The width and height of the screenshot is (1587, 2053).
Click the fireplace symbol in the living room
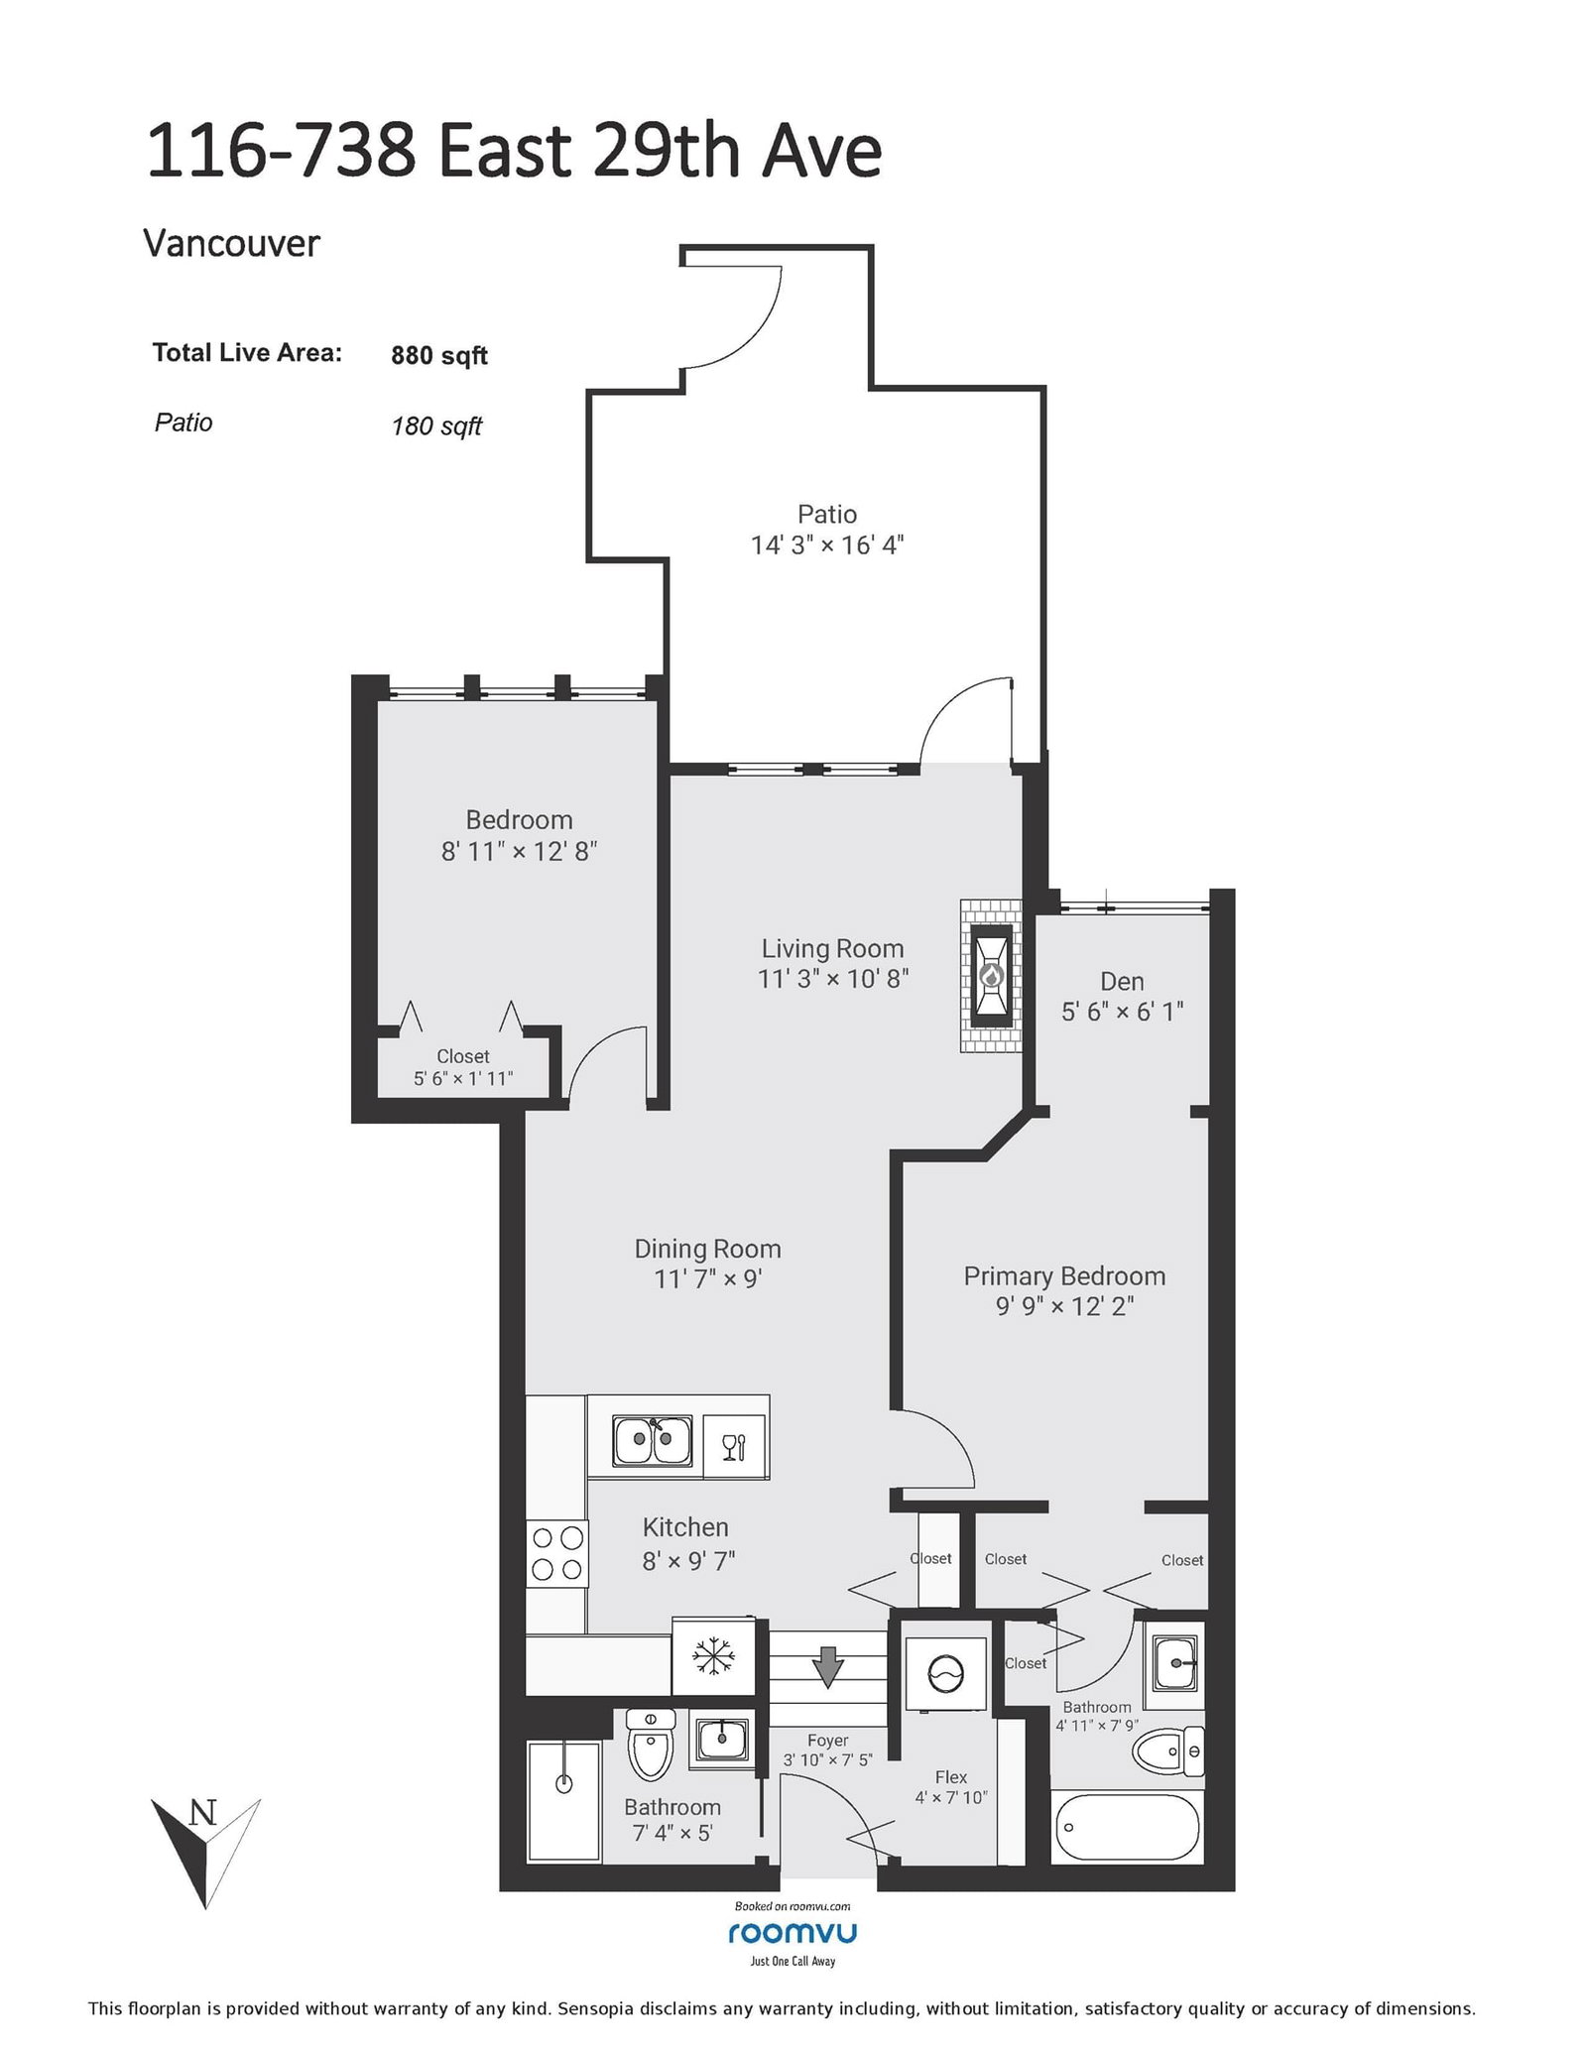pyautogui.click(x=991, y=976)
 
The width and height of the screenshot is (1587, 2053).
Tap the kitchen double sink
pyautogui.click(x=652, y=1441)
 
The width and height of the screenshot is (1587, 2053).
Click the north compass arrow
pyautogui.click(x=204, y=1849)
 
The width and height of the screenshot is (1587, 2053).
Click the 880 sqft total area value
pyautogui.click(x=439, y=355)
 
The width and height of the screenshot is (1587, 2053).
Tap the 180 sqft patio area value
pyautogui.click(x=436, y=425)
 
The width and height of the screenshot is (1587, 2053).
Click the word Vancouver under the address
pyautogui.click(x=232, y=244)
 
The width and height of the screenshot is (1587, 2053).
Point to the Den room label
pyautogui.click(x=1122, y=981)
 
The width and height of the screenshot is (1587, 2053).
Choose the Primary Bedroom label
pyautogui.click(x=1064, y=1275)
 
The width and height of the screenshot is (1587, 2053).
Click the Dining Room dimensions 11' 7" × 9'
pyautogui.click(x=707, y=1279)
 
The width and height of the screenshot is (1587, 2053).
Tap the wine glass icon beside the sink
pyautogui.click(x=734, y=1447)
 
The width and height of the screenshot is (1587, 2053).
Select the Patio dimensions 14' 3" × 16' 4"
pyautogui.click(x=827, y=544)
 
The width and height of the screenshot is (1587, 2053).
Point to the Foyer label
pyautogui.click(x=827, y=1740)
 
